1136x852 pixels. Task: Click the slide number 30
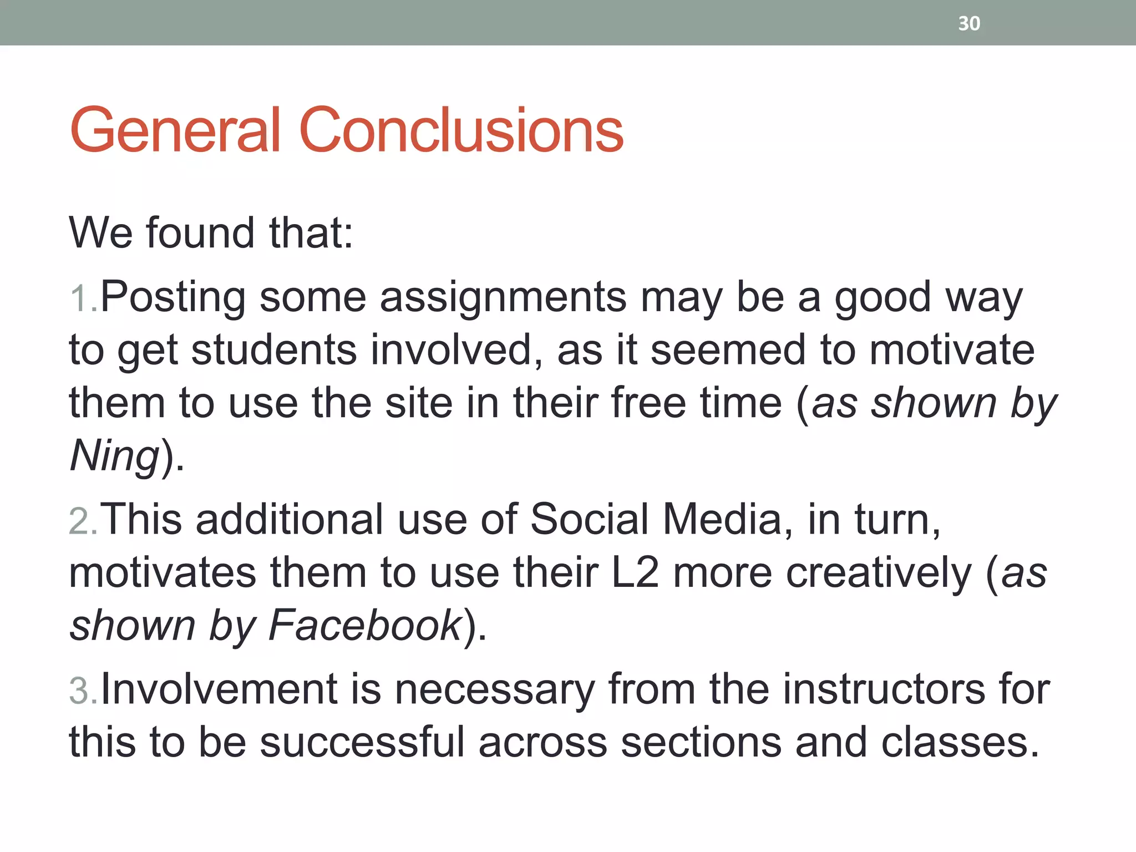pos(969,23)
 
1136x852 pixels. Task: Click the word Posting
pos(173,298)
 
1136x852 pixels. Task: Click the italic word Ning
pos(115,456)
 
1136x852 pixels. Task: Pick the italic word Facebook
pos(364,626)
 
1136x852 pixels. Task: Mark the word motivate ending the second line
pos(952,350)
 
